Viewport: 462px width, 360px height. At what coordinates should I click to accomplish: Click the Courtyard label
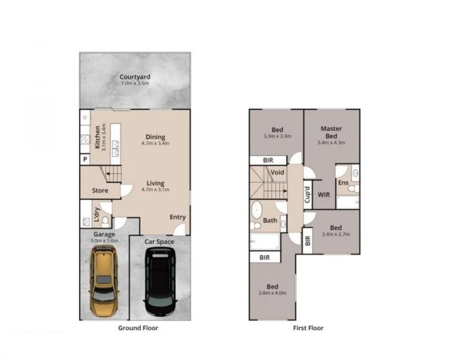[135, 77]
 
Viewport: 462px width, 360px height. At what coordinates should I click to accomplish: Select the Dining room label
[155, 137]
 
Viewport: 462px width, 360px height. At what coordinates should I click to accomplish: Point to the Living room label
[155, 183]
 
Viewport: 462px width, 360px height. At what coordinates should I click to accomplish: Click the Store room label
[100, 190]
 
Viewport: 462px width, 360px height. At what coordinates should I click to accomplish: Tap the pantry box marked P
[85, 160]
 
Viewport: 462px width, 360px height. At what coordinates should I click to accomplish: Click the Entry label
[177, 217]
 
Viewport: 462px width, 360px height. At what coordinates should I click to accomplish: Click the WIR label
[323, 195]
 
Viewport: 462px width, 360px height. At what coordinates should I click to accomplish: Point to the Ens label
[343, 183]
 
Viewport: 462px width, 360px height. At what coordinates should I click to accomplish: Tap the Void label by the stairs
[277, 173]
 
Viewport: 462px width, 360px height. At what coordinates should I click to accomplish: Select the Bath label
[270, 220]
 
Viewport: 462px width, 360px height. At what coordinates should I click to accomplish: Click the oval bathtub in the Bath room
[257, 210]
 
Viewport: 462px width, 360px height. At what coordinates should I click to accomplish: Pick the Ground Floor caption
[138, 328]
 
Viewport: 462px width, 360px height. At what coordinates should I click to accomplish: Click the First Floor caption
[308, 328]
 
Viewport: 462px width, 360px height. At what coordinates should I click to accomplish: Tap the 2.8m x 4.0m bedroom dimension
[273, 293]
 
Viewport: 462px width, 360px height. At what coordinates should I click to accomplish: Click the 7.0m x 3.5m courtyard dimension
[135, 83]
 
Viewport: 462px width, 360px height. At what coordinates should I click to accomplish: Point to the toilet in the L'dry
[105, 221]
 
